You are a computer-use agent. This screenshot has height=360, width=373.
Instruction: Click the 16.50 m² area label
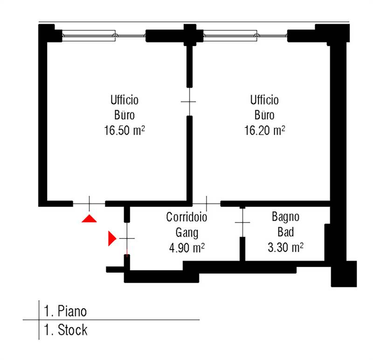pyautogui.click(x=124, y=130)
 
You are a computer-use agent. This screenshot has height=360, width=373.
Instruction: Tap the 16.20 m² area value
pyautogui.click(x=264, y=130)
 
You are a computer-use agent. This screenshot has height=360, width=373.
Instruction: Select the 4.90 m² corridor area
pyautogui.click(x=187, y=248)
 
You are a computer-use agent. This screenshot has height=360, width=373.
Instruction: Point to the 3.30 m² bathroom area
pyautogui.click(x=285, y=247)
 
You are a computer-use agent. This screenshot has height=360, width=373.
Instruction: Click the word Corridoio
pyautogui.click(x=187, y=217)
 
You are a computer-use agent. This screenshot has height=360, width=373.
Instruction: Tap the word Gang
pyautogui.click(x=187, y=233)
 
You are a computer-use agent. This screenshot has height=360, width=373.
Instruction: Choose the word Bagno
pyautogui.click(x=285, y=217)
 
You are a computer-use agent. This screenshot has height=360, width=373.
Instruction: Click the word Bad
pyautogui.click(x=285, y=232)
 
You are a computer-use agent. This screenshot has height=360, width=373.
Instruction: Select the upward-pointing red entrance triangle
pyautogui.click(x=89, y=218)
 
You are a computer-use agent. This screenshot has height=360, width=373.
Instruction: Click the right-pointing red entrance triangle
pyautogui.click(x=112, y=238)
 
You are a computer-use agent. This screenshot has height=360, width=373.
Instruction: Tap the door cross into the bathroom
pyautogui.click(x=242, y=223)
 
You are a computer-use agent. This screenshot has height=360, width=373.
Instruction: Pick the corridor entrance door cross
pyautogui.click(x=127, y=238)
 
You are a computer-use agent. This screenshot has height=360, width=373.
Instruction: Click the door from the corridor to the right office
pyautogui.click(x=207, y=204)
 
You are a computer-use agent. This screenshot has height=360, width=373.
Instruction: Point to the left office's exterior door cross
pyautogui.click(x=89, y=204)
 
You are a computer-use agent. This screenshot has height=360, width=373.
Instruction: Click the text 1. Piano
pyautogui.click(x=65, y=311)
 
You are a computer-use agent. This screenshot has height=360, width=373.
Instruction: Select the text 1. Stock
pyautogui.click(x=66, y=330)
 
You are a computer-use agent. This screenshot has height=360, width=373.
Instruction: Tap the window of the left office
pyautogui.click(x=104, y=36)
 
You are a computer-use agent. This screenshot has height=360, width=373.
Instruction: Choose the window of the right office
pyautogui.click(x=246, y=36)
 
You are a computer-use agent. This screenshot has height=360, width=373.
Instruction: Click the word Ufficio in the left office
pyautogui.click(x=124, y=100)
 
